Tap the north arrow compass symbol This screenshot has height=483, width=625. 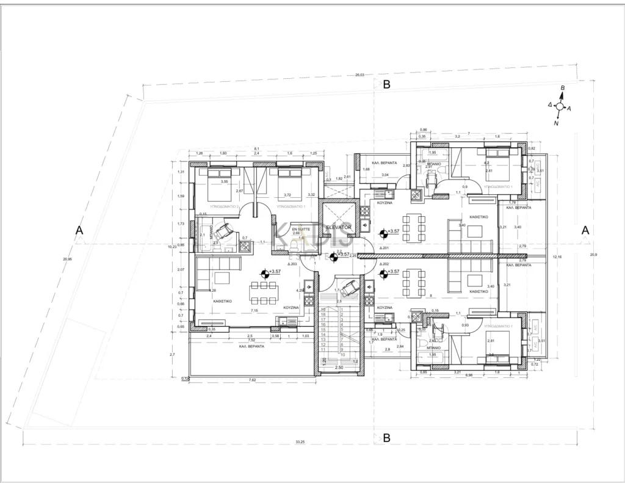[560, 106]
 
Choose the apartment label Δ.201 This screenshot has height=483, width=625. [384, 249]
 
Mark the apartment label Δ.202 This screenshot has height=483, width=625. [384, 264]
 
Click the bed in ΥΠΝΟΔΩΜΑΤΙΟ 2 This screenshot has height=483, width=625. [217, 185]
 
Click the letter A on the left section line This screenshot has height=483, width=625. [78, 230]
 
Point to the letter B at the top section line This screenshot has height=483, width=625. [386, 85]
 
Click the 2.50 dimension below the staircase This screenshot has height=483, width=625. [339, 368]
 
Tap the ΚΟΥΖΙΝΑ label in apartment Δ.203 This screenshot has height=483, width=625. [291, 308]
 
